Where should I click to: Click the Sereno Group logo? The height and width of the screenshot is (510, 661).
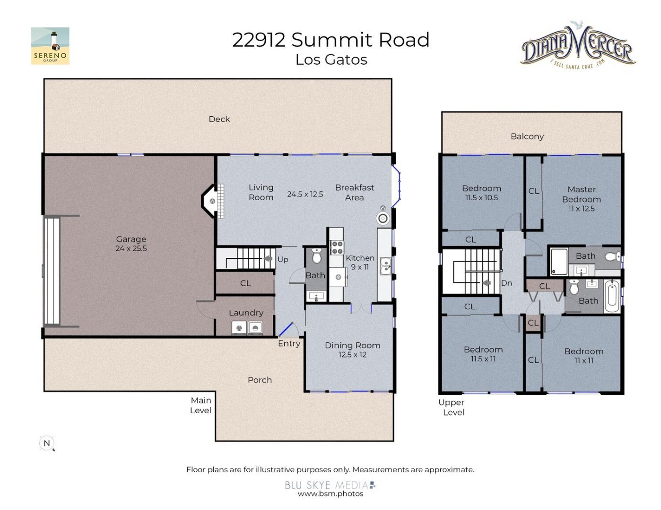click(x=50, y=46)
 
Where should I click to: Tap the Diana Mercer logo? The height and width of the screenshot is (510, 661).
click(x=577, y=46)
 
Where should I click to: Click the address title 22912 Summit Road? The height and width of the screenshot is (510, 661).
click(x=330, y=40)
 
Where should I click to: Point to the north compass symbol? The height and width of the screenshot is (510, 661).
click(x=47, y=443)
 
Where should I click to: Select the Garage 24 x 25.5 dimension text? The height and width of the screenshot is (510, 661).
click(x=131, y=248)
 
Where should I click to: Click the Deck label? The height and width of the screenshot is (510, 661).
click(x=219, y=119)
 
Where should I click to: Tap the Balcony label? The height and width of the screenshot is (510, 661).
click(x=527, y=136)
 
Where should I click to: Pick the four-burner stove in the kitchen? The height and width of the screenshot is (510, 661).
click(x=337, y=247)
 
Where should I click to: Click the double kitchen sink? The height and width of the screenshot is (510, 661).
click(x=385, y=266)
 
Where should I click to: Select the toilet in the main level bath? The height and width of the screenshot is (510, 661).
click(x=316, y=256)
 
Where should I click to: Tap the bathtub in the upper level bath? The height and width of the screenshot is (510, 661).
click(x=612, y=296)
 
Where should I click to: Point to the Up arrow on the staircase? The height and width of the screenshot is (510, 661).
click(x=268, y=258)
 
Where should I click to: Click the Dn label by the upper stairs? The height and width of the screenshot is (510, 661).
click(x=506, y=283)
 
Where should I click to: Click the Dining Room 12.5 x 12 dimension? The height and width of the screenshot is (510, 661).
click(x=352, y=355)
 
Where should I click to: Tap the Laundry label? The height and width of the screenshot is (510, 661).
click(x=246, y=313)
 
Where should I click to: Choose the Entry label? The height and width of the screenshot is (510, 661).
click(x=289, y=344)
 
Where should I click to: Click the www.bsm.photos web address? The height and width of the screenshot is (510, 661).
click(x=330, y=493)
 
